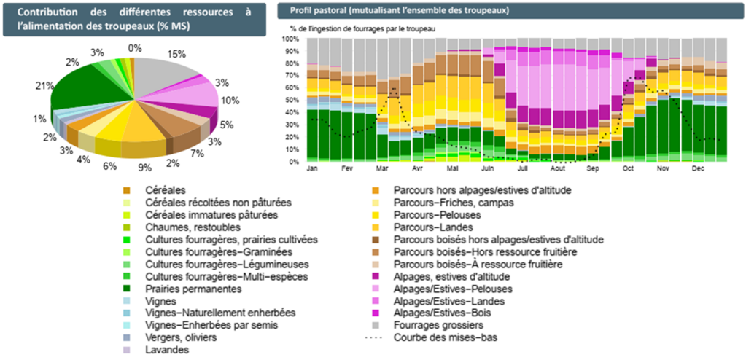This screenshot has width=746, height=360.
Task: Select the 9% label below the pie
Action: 146,168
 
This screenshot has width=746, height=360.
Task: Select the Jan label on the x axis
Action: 313,168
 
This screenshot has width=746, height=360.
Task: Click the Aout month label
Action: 558,168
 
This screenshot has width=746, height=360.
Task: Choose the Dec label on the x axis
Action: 698,168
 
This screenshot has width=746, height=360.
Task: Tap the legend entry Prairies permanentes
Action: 193,289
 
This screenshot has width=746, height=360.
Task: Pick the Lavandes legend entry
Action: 167,350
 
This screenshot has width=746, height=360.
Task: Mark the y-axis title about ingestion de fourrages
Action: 358,28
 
